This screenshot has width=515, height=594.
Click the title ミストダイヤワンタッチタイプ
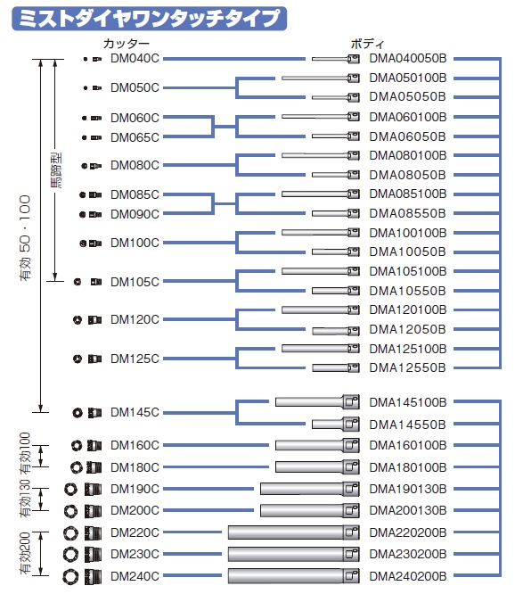[149, 18]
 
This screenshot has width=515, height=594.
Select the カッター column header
[126, 44]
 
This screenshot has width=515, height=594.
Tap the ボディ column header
[367, 44]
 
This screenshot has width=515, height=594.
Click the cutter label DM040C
[135, 59]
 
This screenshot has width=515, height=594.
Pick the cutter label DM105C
[135, 282]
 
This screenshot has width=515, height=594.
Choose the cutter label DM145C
[135, 412]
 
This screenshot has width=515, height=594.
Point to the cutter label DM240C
[135, 576]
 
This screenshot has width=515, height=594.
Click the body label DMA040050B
[408, 58]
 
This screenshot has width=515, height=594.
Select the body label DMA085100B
[408, 194]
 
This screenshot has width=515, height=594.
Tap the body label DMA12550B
[407, 367]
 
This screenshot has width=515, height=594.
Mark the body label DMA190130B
[408, 489]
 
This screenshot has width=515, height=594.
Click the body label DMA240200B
[408, 576]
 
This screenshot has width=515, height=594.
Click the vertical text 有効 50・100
[25, 238]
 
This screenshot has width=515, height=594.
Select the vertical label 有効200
[25, 554]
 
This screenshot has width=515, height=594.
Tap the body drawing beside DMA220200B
[294, 532]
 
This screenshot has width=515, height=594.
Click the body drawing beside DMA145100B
[317, 401]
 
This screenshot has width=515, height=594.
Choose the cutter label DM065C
[135, 137]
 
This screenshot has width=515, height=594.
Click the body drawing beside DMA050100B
[321, 78]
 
